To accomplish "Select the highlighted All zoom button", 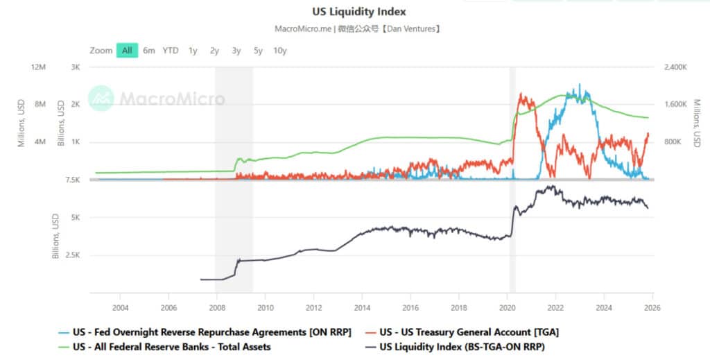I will [x=127, y=51].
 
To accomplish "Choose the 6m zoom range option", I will [x=149, y=51].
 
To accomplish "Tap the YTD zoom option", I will [x=171, y=51].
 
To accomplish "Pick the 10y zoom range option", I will [x=280, y=51].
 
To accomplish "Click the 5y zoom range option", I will [x=258, y=51].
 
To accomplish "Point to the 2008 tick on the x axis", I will [x=217, y=307].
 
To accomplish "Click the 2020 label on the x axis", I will [x=508, y=307].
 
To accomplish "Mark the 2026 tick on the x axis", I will [x=652, y=307].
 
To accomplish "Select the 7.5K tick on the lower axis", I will [x=71, y=180].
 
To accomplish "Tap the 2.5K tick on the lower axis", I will [x=71, y=255].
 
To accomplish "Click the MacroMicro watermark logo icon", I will [x=101, y=98].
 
